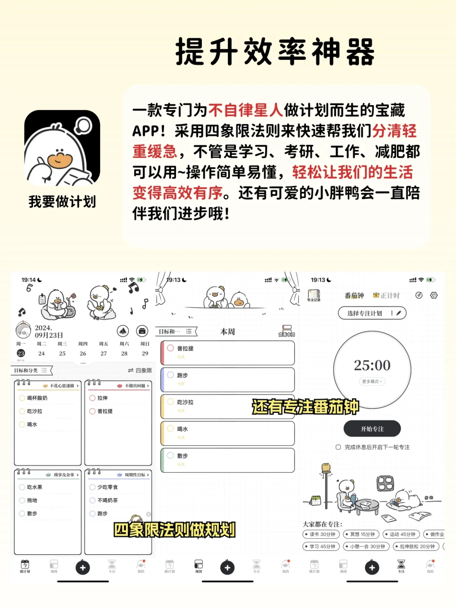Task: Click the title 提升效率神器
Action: pos(275,51)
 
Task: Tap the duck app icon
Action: pos(62,148)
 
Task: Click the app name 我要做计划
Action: pos(62,202)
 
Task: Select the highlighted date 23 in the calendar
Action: pos(21,353)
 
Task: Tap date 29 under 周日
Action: pos(145,353)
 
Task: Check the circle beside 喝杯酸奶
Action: pos(22,398)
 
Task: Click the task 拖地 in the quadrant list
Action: pos(32,500)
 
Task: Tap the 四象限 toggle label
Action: pos(140,371)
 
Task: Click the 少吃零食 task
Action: pos(108,487)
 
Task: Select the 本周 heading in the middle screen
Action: pos(228,332)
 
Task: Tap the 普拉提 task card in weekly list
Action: pos(228,352)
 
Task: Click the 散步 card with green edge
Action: pos(228,460)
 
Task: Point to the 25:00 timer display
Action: pos(372,365)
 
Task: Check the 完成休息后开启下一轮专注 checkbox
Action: pos(338,447)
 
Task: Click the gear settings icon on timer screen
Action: pos(434,295)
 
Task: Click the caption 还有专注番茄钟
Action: pos(305,407)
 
